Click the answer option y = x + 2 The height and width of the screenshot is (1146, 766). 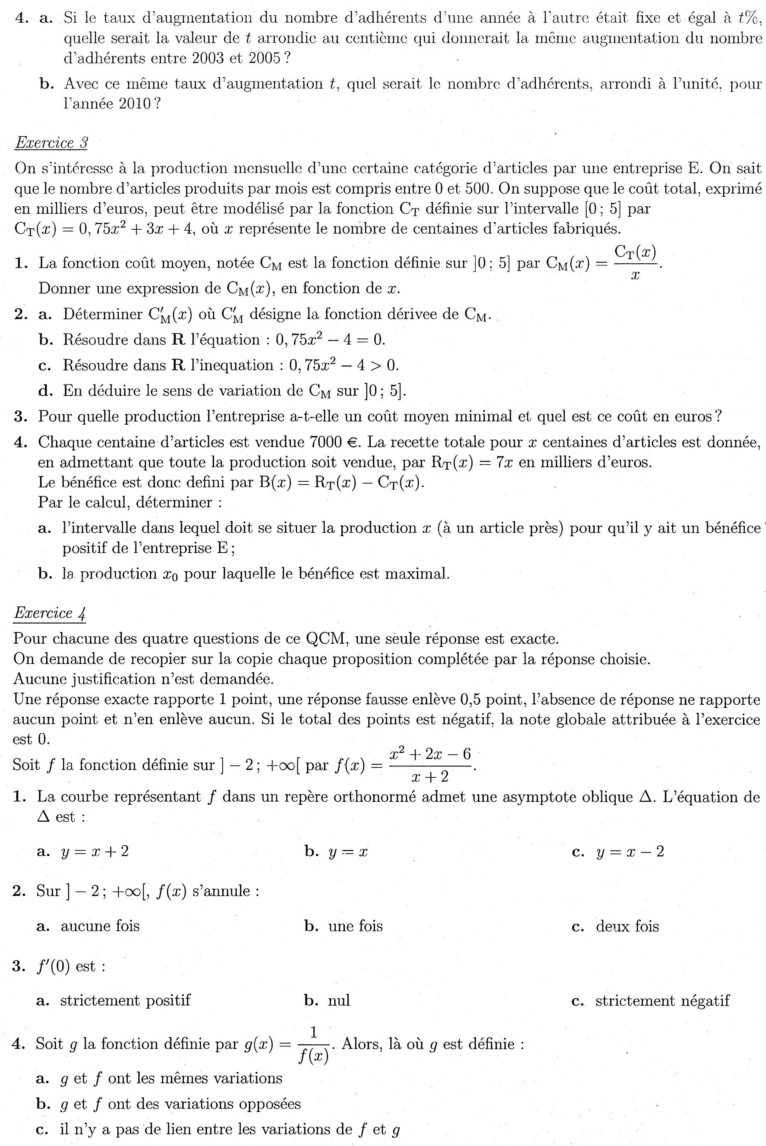coord(95,851)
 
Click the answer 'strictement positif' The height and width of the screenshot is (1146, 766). coord(125,1000)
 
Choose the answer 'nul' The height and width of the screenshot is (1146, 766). coord(339,1000)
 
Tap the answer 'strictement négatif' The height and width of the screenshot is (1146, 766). coord(662,1000)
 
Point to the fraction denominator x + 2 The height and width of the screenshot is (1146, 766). coord(430,777)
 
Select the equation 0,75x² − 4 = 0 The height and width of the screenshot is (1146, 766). coord(330,340)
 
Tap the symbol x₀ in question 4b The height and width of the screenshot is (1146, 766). coord(170,574)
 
